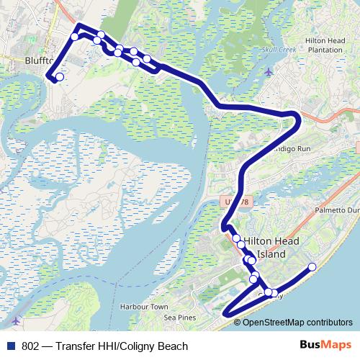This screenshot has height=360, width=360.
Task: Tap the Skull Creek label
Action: point(279,50)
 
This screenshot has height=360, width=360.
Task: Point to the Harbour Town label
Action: point(144,307)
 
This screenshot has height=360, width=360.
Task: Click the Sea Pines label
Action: point(180,318)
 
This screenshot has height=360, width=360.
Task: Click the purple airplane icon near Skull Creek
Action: point(269,71)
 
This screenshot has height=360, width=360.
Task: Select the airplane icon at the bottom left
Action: point(16,320)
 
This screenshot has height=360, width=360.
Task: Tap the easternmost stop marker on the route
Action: point(312,267)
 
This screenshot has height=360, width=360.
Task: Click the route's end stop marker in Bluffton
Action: point(59,77)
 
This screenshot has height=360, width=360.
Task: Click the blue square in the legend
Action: point(10,346)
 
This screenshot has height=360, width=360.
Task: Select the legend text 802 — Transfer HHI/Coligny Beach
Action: point(104,346)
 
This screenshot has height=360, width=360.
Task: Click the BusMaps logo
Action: point(325,345)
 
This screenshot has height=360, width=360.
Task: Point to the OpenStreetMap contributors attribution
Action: point(293,323)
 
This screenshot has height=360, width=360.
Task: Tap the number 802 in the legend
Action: point(30,346)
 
